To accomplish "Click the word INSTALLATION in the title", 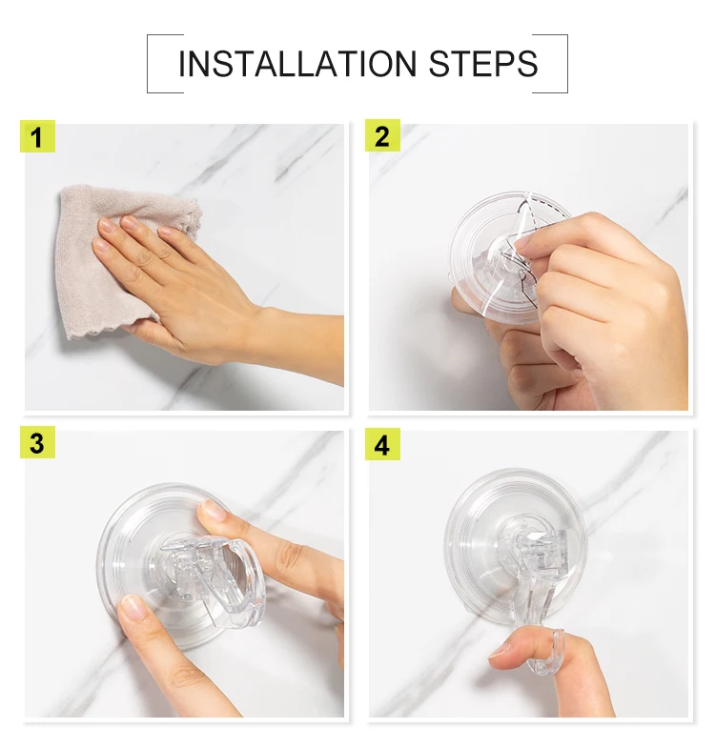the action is point(297,64).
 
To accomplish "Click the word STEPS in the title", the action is point(483,64).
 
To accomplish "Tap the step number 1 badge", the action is point(37,136).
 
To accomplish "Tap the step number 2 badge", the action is point(382,135).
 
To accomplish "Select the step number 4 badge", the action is point(382,444).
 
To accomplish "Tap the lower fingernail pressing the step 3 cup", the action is point(130,607).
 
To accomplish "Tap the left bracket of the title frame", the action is point(148,64).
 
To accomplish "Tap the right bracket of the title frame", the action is point(567,64).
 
